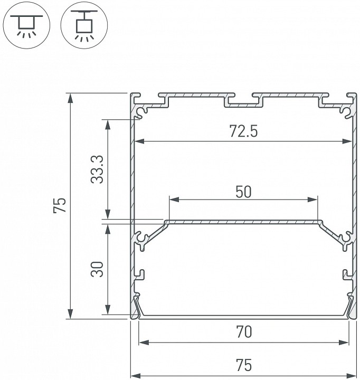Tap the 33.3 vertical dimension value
click(97, 169)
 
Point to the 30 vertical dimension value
click(97, 270)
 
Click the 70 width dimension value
click(243, 332)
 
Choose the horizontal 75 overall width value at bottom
click(243, 365)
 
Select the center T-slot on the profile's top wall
click(243, 100)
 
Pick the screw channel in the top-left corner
click(142, 110)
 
